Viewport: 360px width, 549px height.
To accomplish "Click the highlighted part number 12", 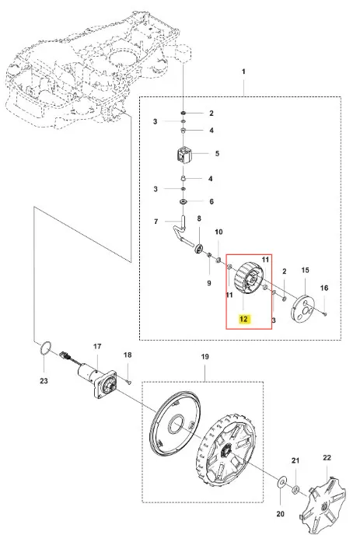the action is (243, 319).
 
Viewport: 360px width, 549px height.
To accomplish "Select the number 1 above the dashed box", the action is (243, 72).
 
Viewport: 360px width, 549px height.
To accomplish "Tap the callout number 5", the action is (217, 153).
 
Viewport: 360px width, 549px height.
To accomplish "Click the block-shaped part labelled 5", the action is (183, 155).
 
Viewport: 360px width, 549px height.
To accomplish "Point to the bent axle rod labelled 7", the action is (180, 233).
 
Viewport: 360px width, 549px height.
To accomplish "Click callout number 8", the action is (199, 219).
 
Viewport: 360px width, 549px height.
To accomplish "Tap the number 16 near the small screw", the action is (324, 288).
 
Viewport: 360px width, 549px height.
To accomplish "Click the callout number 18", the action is (128, 355).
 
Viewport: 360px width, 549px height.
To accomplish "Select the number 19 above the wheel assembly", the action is (204, 356).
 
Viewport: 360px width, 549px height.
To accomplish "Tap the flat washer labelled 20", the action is (281, 482).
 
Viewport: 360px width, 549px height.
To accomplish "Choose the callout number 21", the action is (295, 460).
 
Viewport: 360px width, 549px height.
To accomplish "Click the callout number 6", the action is (211, 201).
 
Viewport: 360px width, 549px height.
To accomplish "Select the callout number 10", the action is (218, 232).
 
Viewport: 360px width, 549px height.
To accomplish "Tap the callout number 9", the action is (209, 282).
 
